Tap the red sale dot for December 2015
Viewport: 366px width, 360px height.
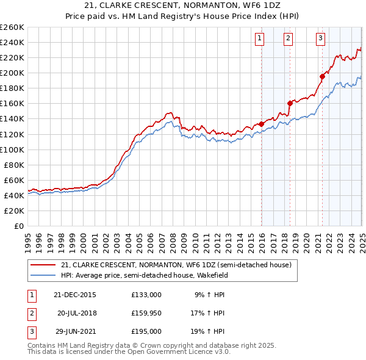coord(262,124)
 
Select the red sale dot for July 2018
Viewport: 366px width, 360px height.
coord(290,103)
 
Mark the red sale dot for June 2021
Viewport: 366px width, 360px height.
coord(323,76)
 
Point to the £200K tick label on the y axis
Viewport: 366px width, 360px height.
coord(12,73)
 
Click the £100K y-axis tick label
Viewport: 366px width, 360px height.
coord(12,149)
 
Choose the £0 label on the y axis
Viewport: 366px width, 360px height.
coord(18,226)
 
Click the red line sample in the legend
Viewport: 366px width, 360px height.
coord(43,265)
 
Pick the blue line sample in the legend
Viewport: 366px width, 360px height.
coord(43,275)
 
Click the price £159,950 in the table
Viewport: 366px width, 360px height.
coord(146,313)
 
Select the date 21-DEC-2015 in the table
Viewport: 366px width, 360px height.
coord(74,294)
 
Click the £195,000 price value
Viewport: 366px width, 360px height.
coord(146,332)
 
